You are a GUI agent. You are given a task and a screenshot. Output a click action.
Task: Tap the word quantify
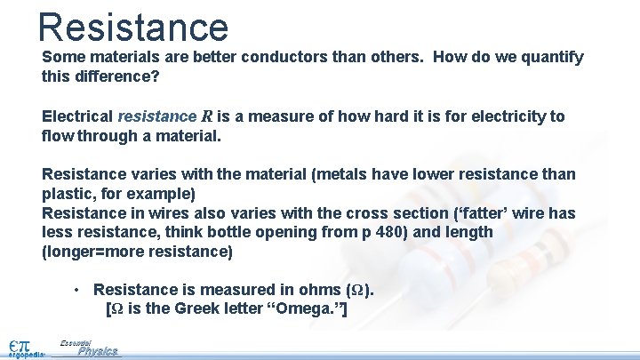coord(550,58)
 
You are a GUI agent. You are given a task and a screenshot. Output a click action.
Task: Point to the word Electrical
coord(77,116)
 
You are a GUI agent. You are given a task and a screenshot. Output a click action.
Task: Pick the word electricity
coord(502,116)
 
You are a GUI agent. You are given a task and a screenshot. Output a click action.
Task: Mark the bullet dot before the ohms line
coord(78,290)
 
